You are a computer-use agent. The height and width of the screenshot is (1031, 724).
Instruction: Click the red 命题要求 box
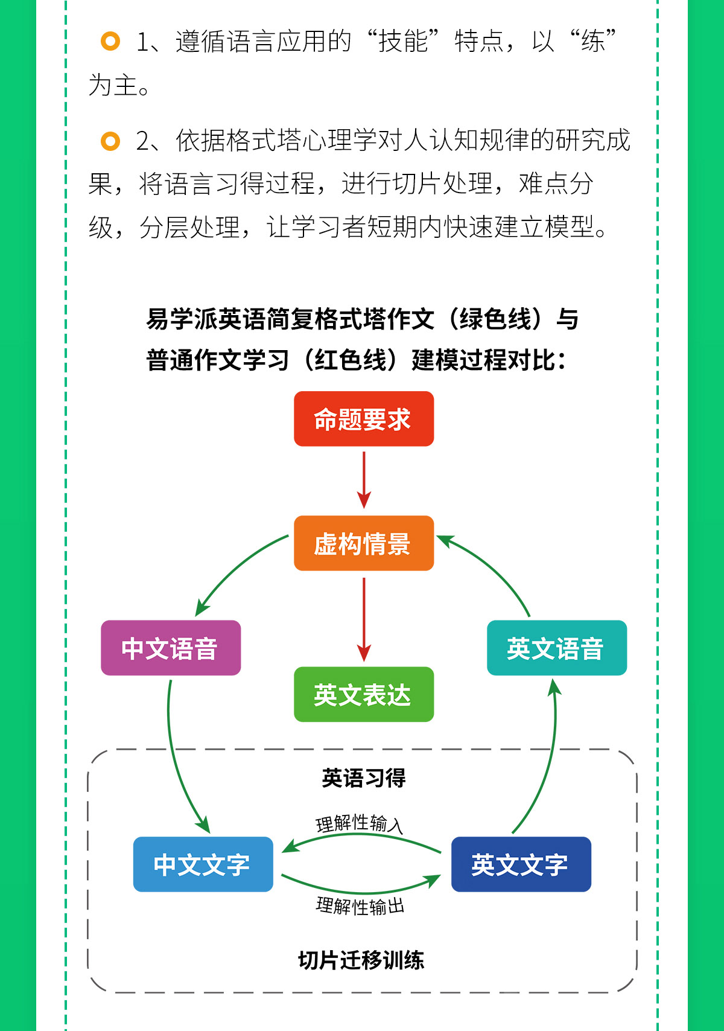pyautogui.click(x=364, y=418)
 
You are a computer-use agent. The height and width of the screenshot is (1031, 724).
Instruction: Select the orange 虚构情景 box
pyautogui.click(x=364, y=543)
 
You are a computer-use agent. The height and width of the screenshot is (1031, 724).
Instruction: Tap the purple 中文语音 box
pyautogui.click(x=171, y=648)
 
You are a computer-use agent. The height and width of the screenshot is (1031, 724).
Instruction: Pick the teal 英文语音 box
pyautogui.click(x=556, y=648)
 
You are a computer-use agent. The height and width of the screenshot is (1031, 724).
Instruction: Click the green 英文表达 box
pyautogui.click(x=364, y=694)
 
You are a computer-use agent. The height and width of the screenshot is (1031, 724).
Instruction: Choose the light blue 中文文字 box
pyautogui.click(x=203, y=864)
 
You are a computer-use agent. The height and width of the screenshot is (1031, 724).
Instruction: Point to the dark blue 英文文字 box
pyautogui.click(x=521, y=864)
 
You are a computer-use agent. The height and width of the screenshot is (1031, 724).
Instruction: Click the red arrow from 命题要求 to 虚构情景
pyautogui.click(x=364, y=480)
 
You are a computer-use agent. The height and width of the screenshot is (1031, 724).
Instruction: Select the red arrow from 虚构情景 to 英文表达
pyautogui.click(x=364, y=619)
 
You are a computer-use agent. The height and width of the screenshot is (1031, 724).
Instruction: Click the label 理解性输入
pyautogui.click(x=359, y=823)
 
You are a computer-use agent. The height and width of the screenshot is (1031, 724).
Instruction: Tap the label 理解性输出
pyautogui.click(x=360, y=906)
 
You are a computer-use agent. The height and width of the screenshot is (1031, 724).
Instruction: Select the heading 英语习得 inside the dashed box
pyautogui.click(x=363, y=778)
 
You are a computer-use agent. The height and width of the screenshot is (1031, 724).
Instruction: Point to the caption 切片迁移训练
pyautogui.click(x=361, y=957)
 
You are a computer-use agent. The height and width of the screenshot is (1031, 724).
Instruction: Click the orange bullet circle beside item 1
pyautogui.click(x=110, y=41)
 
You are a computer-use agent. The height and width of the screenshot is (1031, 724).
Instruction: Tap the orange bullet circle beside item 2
pyautogui.click(x=110, y=141)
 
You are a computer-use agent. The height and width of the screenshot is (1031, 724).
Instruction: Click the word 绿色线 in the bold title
pyautogui.click(x=495, y=319)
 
